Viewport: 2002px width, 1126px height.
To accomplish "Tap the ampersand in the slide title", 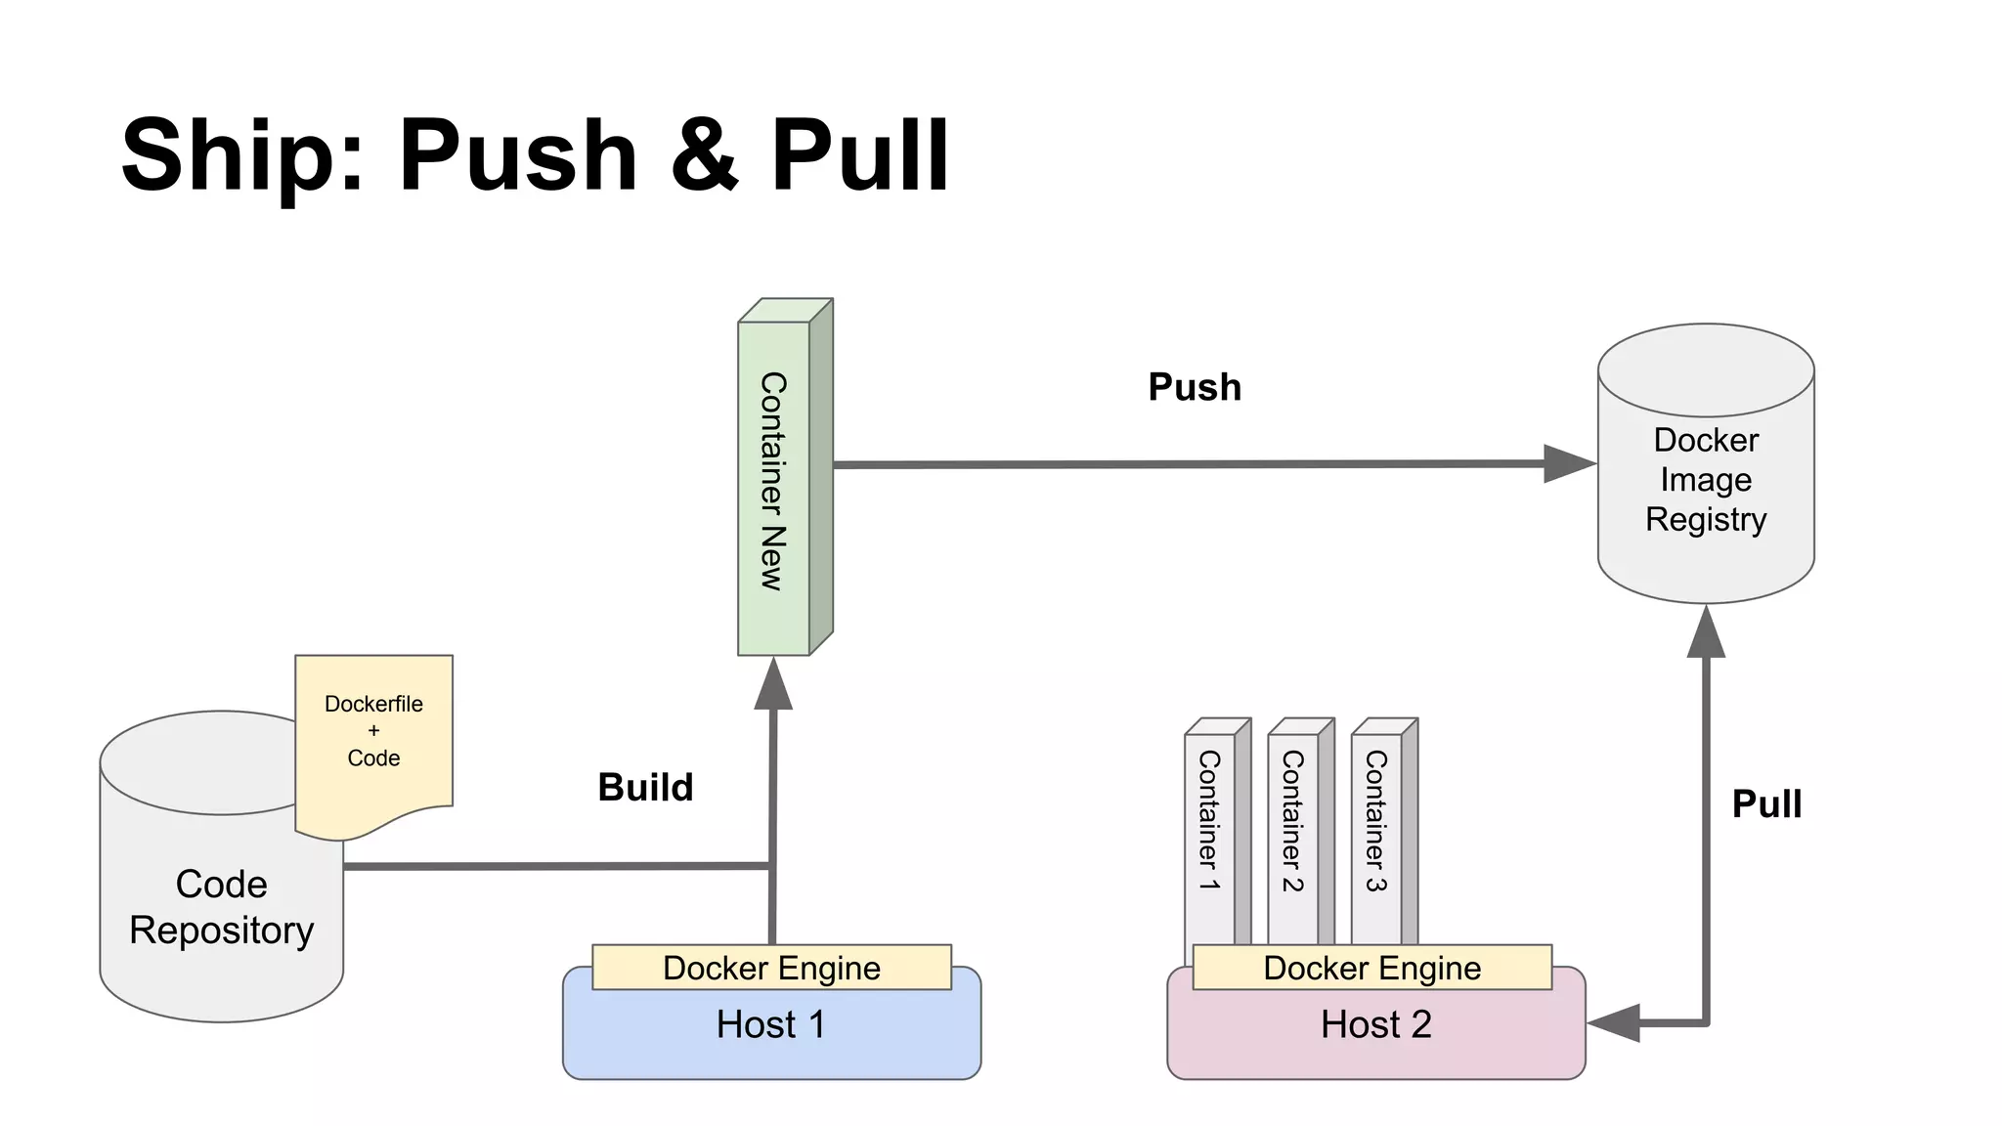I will coord(704,156).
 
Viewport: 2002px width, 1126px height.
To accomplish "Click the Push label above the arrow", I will coord(1195,387).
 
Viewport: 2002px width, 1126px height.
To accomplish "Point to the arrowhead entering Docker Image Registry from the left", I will coord(1568,463).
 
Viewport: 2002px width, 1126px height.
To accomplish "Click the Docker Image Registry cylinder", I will coord(1706,479).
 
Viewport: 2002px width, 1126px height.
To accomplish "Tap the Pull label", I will coord(1766,803).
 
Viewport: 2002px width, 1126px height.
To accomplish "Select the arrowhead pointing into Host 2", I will coord(1613,1023).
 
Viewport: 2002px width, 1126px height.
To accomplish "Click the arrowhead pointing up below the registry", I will coord(1706,633).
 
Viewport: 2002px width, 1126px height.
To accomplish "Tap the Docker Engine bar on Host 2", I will coord(1371,968).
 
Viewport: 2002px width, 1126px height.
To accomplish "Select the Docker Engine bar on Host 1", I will coord(771,968).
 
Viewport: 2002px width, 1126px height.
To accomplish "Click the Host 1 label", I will coord(771,1024).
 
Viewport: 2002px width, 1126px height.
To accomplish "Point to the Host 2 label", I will coord(1375,1024).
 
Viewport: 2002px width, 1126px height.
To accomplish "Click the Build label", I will coord(645,787).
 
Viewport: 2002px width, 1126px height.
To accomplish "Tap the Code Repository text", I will coord(222,907).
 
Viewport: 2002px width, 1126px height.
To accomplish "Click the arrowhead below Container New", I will coord(773,684).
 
